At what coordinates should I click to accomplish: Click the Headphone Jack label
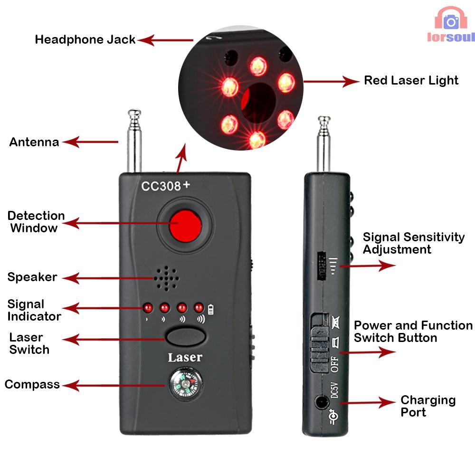click(85, 39)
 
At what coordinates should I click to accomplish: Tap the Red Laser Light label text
click(411, 80)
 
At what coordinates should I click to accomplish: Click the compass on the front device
click(185, 384)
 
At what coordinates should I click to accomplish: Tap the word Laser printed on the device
click(185, 357)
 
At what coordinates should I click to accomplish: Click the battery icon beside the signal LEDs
click(211, 309)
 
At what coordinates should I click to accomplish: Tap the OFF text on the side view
click(334, 363)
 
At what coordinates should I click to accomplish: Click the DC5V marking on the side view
click(334, 389)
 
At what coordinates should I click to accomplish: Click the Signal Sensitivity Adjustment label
click(413, 243)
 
